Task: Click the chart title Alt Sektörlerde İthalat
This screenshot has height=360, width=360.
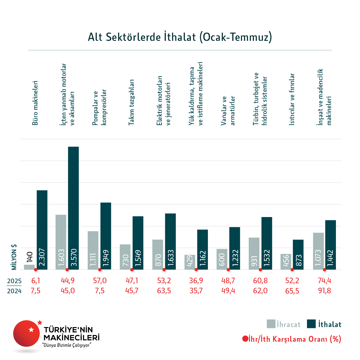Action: pyautogui.click(x=180, y=37)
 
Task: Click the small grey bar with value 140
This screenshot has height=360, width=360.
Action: pyautogui.click(x=29, y=267)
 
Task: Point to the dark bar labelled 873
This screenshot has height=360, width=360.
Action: pyautogui.click(x=298, y=255)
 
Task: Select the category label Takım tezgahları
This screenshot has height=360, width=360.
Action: pyautogui.click(x=131, y=102)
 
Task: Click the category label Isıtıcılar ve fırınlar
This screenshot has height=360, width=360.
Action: pyautogui.click(x=292, y=99)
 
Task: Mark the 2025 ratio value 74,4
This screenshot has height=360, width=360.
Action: pyautogui.click(x=324, y=280)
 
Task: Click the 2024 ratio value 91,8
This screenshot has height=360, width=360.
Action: pyautogui.click(x=324, y=291)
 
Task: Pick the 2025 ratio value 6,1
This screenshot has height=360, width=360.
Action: pyautogui.click(x=36, y=280)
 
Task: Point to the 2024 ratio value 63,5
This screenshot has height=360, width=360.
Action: pyautogui.click(x=164, y=291)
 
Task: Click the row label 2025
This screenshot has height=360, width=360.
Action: pyautogui.click(x=14, y=281)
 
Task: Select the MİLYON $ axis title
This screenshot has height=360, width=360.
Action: pyautogui.click(x=14, y=257)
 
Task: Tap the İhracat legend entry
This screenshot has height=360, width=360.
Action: pyautogui.click(x=283, y=324)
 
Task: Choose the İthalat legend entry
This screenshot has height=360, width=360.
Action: pyautogui.click(x=324, y=324)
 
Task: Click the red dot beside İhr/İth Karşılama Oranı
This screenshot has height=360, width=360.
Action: pyautogui.click(x=245, y=339)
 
